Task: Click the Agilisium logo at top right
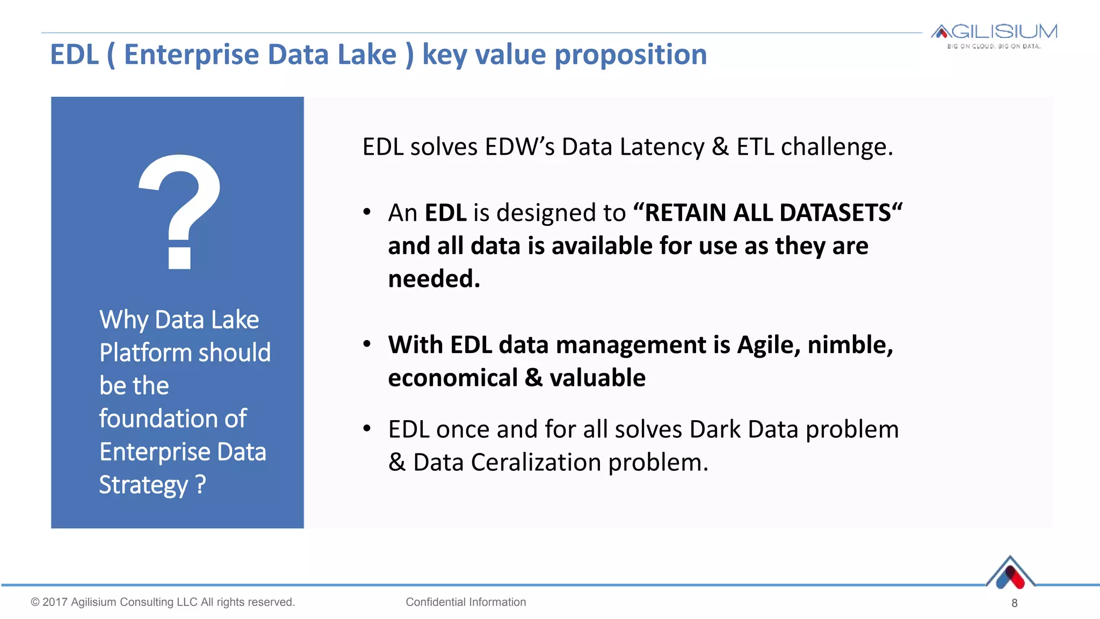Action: [x=994, y=35]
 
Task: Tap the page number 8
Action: [x=1014, y=603]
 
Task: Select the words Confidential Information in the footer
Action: [x=466, y=602]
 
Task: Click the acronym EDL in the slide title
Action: [x=75, y=55]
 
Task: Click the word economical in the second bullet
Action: [x=452, y=378]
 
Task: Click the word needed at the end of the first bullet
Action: [x=432, y=279]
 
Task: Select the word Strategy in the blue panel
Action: [x=143, y=485]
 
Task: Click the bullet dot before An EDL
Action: [x=367, y=212]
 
